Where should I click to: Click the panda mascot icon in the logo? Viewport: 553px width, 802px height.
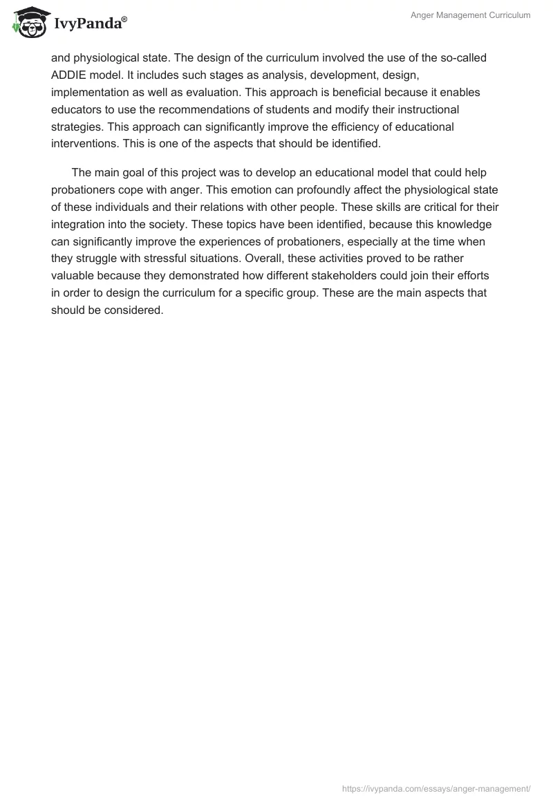pyautogui.click(x=28, y=23)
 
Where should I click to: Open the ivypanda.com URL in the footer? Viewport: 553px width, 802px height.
pyautogui.click(x=436, y=787)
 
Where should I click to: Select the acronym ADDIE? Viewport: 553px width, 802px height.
pyautogui.click(x=68, y=75)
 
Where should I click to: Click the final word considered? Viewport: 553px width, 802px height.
pyautogui.click(x=136, y=309)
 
